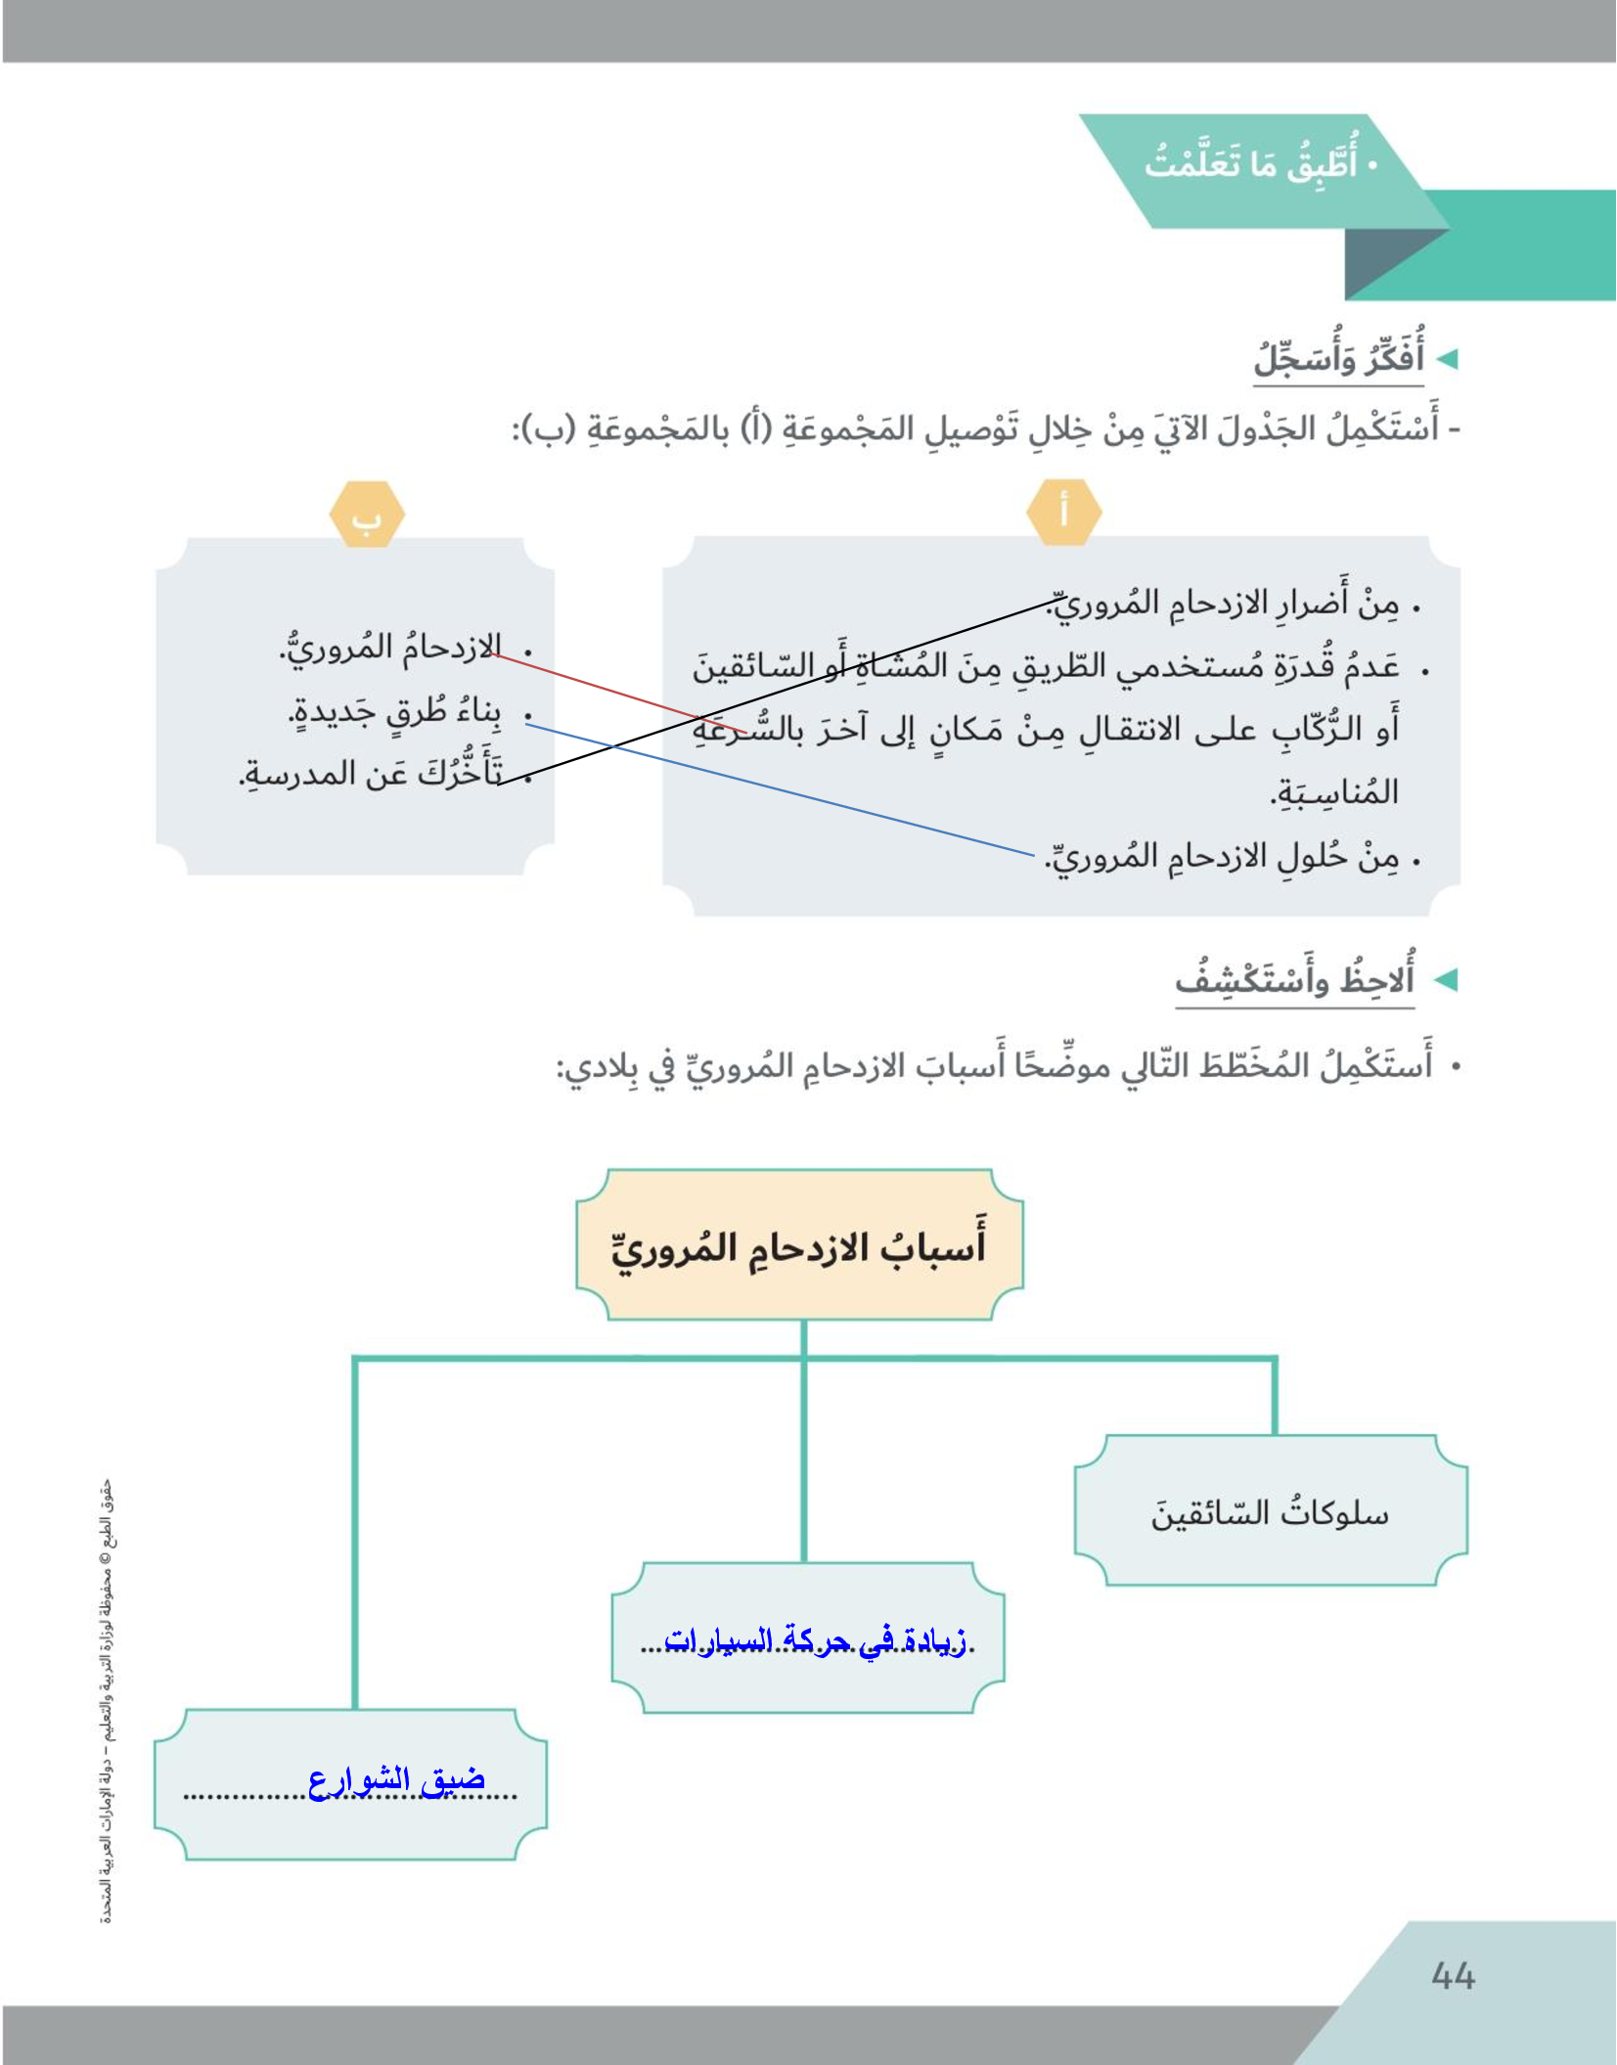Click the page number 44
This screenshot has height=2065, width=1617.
tap(1452, 1976)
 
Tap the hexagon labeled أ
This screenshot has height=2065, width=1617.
tap(1064, 512)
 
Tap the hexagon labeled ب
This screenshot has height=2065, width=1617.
tap(367, 514)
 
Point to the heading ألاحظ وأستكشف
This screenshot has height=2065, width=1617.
tap(1295, 979)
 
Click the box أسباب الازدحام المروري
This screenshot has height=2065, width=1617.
tap(799, 1245)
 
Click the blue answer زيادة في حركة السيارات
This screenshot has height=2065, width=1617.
tap(814, 1640)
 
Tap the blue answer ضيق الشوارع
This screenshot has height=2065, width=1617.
tap(396, 1779)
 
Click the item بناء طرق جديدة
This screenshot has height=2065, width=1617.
tap(396, 712)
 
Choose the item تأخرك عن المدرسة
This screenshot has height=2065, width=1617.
tap(372, 773)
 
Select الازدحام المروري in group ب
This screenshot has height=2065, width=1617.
tap(391, 648)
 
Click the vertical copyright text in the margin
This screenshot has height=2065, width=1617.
tap(107, 1702)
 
